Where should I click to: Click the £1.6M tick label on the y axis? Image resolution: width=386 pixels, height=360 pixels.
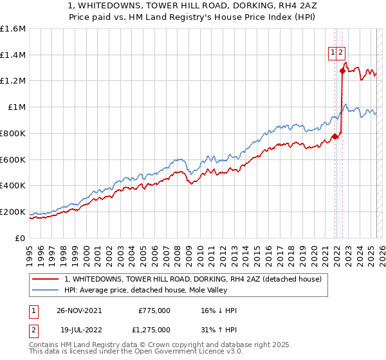[13, 29]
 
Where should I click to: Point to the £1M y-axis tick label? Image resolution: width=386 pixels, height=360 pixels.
[17, 107]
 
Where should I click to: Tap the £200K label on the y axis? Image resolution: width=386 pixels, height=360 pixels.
[13, 212]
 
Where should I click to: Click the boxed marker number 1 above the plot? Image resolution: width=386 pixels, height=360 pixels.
[333, 53]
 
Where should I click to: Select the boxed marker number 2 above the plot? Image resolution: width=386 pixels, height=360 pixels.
[342, 53]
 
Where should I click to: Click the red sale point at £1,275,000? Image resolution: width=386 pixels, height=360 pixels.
[342, 71]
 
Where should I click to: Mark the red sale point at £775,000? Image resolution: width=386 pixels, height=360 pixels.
[335, 136]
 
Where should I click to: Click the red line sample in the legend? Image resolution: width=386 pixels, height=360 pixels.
[46, 279]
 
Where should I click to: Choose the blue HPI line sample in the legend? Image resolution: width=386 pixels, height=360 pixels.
[46, 290]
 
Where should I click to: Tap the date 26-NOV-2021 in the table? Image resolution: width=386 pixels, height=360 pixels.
[79, 310]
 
